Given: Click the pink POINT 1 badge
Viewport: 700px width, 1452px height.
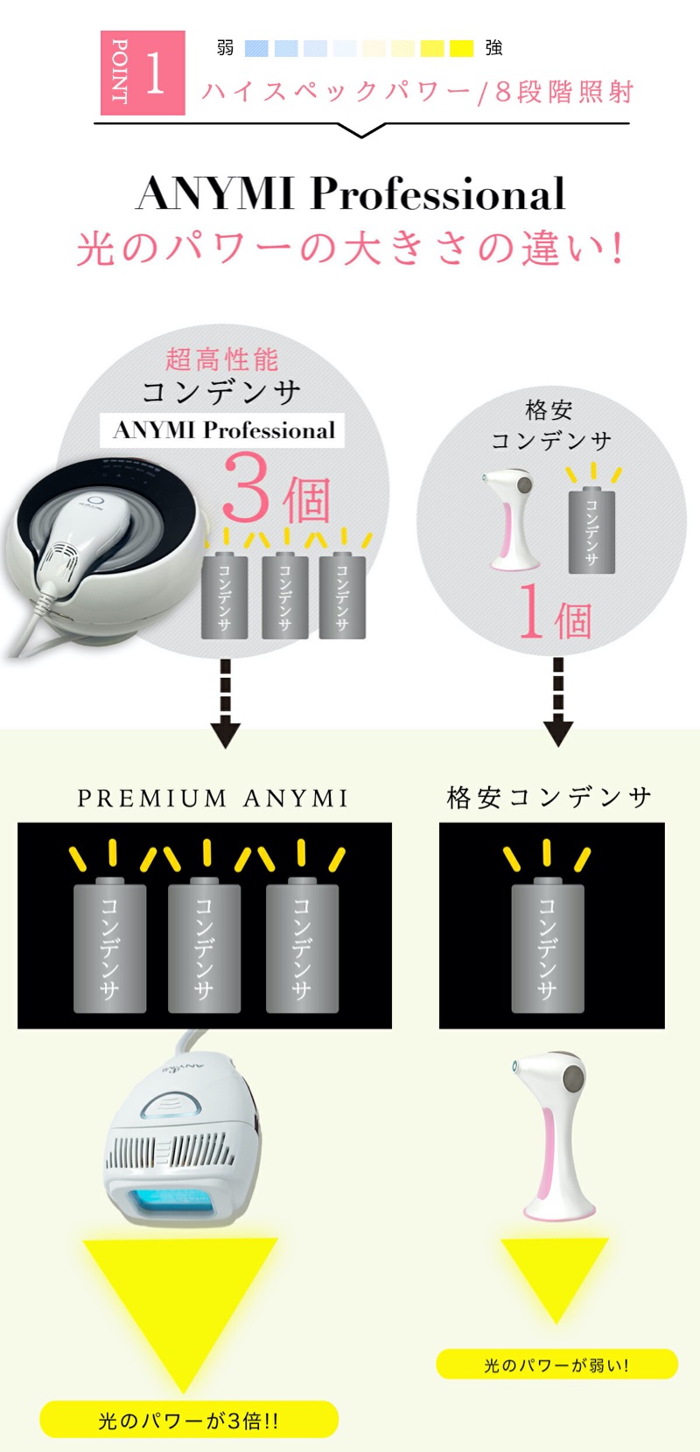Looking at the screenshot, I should point(143,73).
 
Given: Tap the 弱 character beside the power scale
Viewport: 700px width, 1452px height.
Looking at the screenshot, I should point(225,48).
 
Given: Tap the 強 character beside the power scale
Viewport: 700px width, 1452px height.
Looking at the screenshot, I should point(493,48).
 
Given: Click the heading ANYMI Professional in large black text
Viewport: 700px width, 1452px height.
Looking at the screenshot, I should point(351,193).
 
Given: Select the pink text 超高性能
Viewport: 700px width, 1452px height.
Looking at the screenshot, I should point(222,359).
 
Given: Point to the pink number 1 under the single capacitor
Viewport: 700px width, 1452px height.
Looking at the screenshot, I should point(531,611).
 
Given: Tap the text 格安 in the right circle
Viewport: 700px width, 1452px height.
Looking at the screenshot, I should point(549,409).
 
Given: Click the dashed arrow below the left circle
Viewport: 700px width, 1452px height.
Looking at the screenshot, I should point(226,702).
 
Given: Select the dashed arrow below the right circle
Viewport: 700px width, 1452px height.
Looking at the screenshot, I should point(558,702).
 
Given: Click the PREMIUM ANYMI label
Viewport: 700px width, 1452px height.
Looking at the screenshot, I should point(213,799).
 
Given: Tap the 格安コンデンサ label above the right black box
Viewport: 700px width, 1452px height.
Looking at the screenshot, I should point(549,797).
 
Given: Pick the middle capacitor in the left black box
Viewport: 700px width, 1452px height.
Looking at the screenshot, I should point(204,945).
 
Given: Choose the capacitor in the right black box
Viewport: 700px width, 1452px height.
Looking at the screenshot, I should point(548,945).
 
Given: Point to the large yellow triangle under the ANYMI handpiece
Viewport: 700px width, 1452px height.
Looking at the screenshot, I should point(181,1295).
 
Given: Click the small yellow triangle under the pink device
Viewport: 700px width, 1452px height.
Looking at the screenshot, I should point(555,1273).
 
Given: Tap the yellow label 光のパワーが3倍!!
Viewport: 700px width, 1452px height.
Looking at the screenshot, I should point(189,1420).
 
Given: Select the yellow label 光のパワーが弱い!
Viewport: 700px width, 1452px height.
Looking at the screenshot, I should point(556,1365).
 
